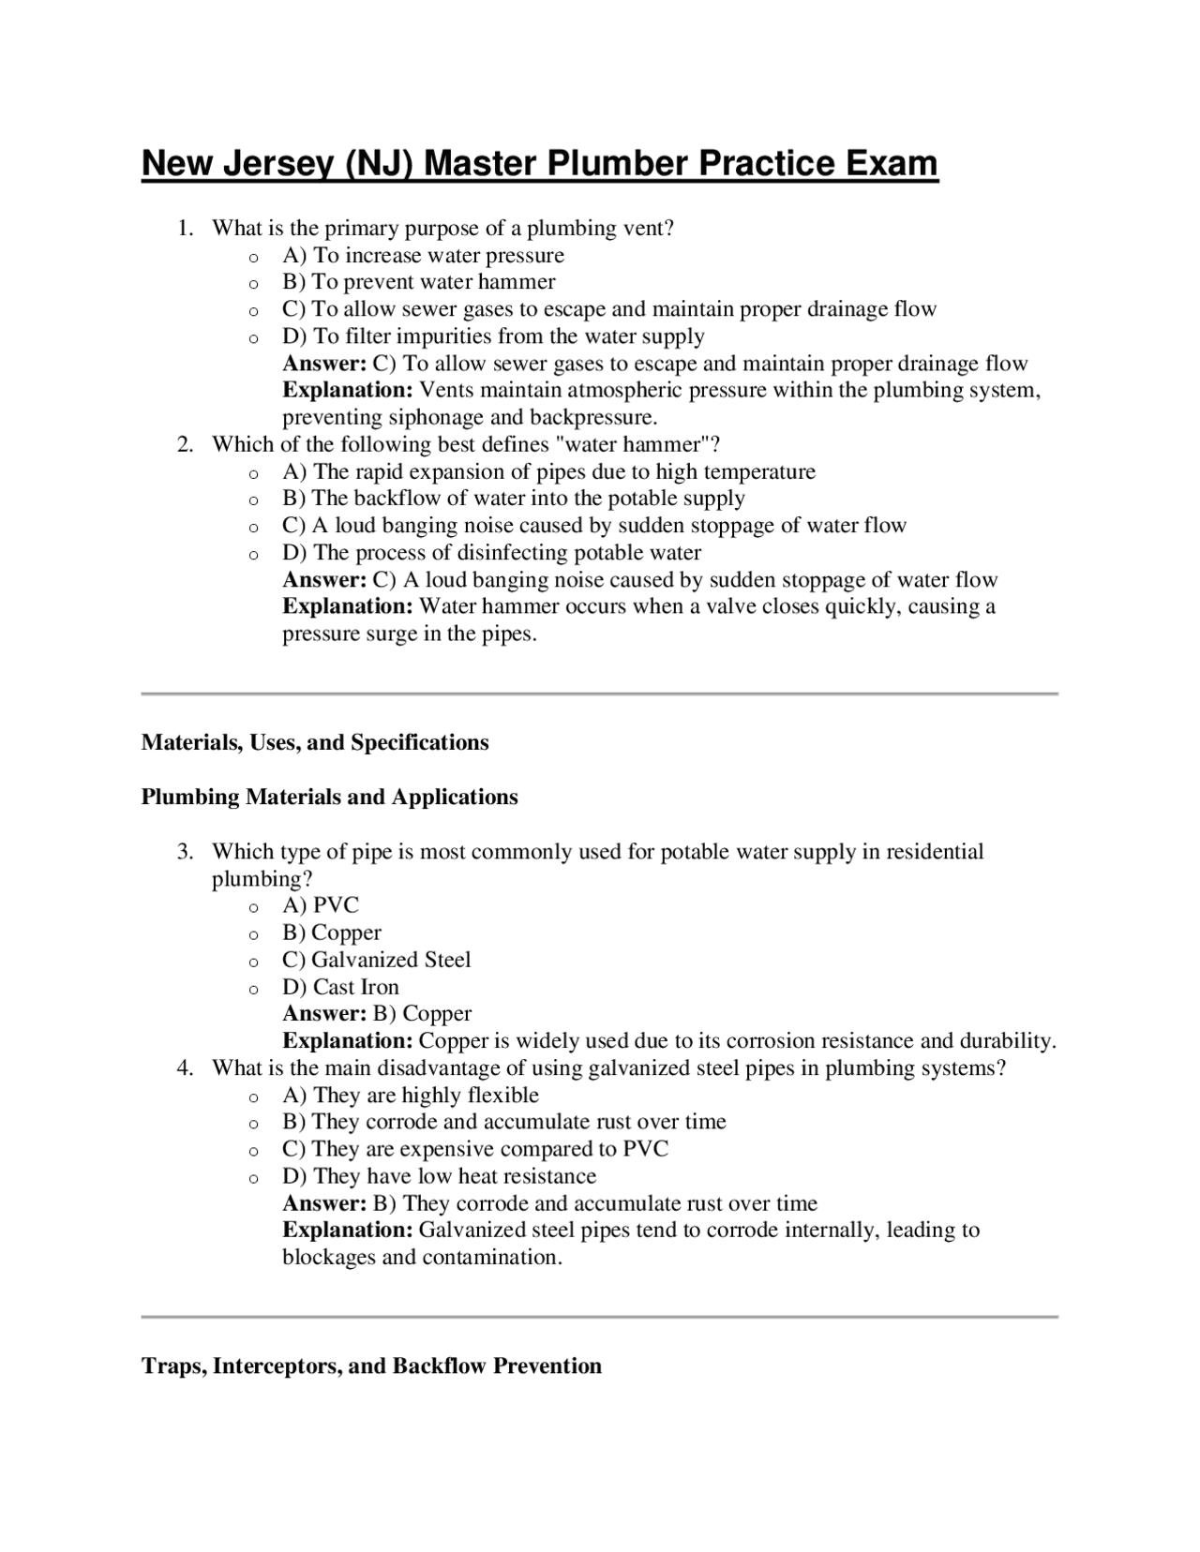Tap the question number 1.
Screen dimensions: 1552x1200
[x=186, y=229]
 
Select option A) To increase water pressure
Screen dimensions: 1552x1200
[x=423, y=256]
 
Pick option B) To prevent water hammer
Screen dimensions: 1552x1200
[x=418, y=282]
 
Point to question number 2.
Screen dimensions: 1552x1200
[x=186, y=445]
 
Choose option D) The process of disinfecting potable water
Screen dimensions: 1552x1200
[x=491, y=553]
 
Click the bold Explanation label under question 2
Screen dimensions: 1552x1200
[x=347, y=606]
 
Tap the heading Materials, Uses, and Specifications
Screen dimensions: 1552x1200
[x=315, y=743]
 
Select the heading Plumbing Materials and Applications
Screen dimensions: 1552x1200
[x=329, y=798]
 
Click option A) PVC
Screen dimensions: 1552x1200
[x=321, y=906]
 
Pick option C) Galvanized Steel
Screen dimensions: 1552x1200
[x=376, y=961]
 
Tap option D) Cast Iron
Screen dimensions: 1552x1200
[x=340, y=988]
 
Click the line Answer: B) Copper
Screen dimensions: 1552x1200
[x=377, y=1014]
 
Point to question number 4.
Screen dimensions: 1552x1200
[x=186, y=1068]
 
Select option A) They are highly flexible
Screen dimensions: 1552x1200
[x=411, y=1096]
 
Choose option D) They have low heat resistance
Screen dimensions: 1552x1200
[x=439, y=1177]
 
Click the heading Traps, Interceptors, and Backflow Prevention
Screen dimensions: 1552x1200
[x=371, y=1366]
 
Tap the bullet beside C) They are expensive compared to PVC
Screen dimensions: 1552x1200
[x=253, y=1151]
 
